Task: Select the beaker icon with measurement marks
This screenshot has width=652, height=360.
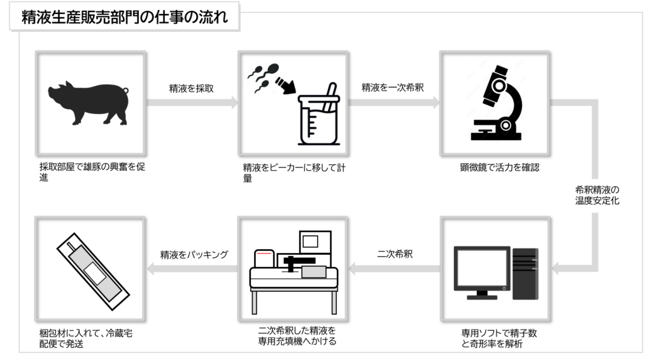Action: point(316,115)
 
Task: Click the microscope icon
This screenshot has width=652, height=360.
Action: point(494,104)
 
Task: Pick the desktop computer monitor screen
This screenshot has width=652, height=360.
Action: point(481,268)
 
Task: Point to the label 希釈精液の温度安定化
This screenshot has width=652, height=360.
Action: point(597,195)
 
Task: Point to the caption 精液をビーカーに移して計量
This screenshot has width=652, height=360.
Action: point(294,173)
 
